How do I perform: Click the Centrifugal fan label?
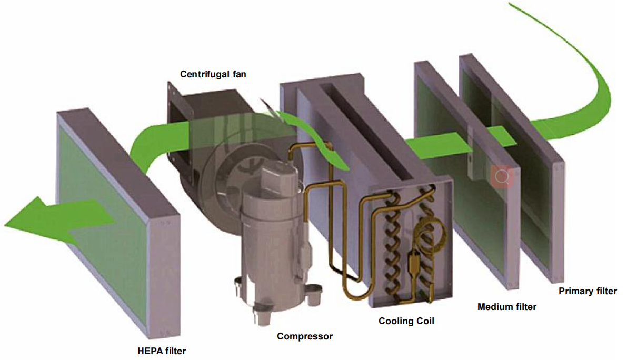click(x=213, y=74)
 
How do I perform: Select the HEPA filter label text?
click(x=161, y=350)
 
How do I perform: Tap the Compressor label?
click(x=305, y=336)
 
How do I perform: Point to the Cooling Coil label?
click(x=406, y=321)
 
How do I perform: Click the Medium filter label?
click(x=507, y=306)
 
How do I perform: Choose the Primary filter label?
click(x=588, y=291)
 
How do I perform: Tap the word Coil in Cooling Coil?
click(x=424, y=321)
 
